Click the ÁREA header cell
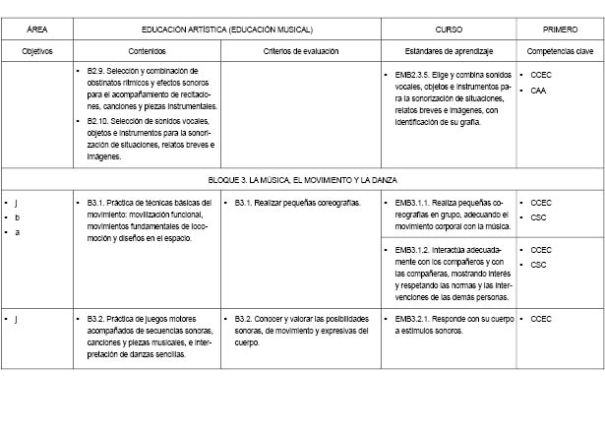point(36,30)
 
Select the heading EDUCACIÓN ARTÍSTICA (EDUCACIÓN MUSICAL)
point(226,30)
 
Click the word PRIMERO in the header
point(561,30)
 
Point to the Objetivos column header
point(36,49)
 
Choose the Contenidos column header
point(147,49)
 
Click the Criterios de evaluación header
point(301,49)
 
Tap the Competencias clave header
point(561,49)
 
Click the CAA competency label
point(538,91)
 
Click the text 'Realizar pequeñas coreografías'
point(298,203)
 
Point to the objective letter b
point(17,216)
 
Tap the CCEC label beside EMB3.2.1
point(541,320)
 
